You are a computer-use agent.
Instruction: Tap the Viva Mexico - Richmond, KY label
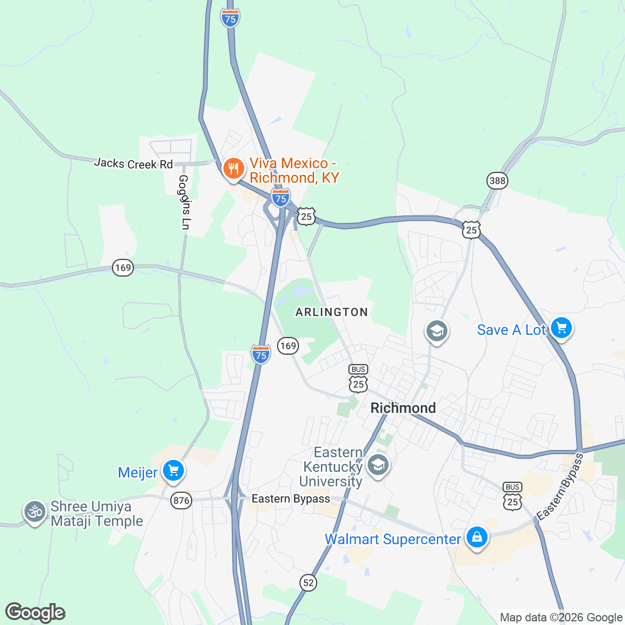click(294, 171)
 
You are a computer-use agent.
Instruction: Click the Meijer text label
click(137, 472)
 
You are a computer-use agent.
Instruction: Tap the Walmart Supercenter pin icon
click(476, 537)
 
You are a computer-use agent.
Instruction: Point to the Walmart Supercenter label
click(393, 540)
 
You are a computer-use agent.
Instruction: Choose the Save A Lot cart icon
click(561, 328)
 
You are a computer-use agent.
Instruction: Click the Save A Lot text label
click(511, 330)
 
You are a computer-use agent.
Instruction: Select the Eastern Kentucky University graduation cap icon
click(378, 464)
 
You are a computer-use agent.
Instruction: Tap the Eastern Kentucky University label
click(332, 467)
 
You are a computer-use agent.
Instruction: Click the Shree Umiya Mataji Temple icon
click(35, 512)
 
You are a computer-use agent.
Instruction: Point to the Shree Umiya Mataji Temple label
click(96, 514)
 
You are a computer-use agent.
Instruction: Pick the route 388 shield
click(497, 181)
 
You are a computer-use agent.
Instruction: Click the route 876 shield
click(181, 501)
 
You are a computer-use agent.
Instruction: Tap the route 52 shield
click(308, 582)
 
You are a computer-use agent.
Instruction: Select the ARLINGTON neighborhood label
click(332, 312)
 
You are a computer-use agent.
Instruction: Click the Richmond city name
click(403, 408)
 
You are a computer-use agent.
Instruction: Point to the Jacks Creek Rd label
click(133, 164)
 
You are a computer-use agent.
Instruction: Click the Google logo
click(35, 612)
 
